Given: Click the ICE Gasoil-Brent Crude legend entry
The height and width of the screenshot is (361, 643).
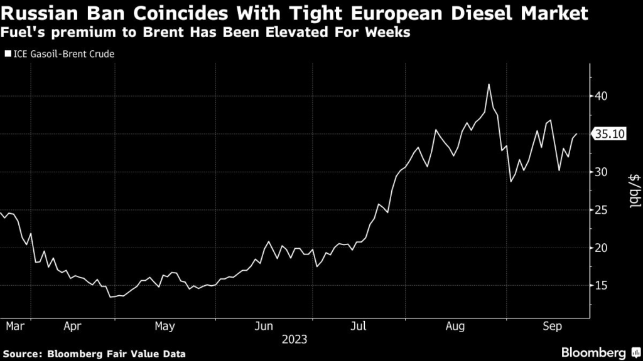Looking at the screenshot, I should point(60,54).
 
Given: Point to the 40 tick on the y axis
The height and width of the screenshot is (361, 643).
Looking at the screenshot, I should point(602,97).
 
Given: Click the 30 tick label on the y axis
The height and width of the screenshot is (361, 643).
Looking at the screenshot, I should point(602,172).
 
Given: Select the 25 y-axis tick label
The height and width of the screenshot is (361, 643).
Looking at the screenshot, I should point(602,210).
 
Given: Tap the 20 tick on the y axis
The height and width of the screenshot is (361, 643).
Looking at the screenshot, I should point(602,248).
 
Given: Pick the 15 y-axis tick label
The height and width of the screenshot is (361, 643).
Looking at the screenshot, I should point(602,286).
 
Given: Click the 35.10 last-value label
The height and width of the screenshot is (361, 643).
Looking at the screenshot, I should point(610,134).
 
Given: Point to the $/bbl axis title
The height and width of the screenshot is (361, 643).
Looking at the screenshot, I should point(634,191).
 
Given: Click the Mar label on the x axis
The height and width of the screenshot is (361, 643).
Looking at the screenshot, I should point(13,326).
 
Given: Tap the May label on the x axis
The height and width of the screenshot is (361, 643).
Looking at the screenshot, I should point(165,326).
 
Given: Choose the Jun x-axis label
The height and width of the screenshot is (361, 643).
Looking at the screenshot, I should point(264,326).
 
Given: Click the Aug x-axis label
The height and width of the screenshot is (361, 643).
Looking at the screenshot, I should point(455,326).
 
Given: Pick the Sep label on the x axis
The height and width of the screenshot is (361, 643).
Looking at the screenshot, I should point(552,326).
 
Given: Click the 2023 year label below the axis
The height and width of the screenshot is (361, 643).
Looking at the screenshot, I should point(294,339).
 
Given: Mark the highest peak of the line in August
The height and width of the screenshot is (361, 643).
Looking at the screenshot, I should point(489,85).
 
